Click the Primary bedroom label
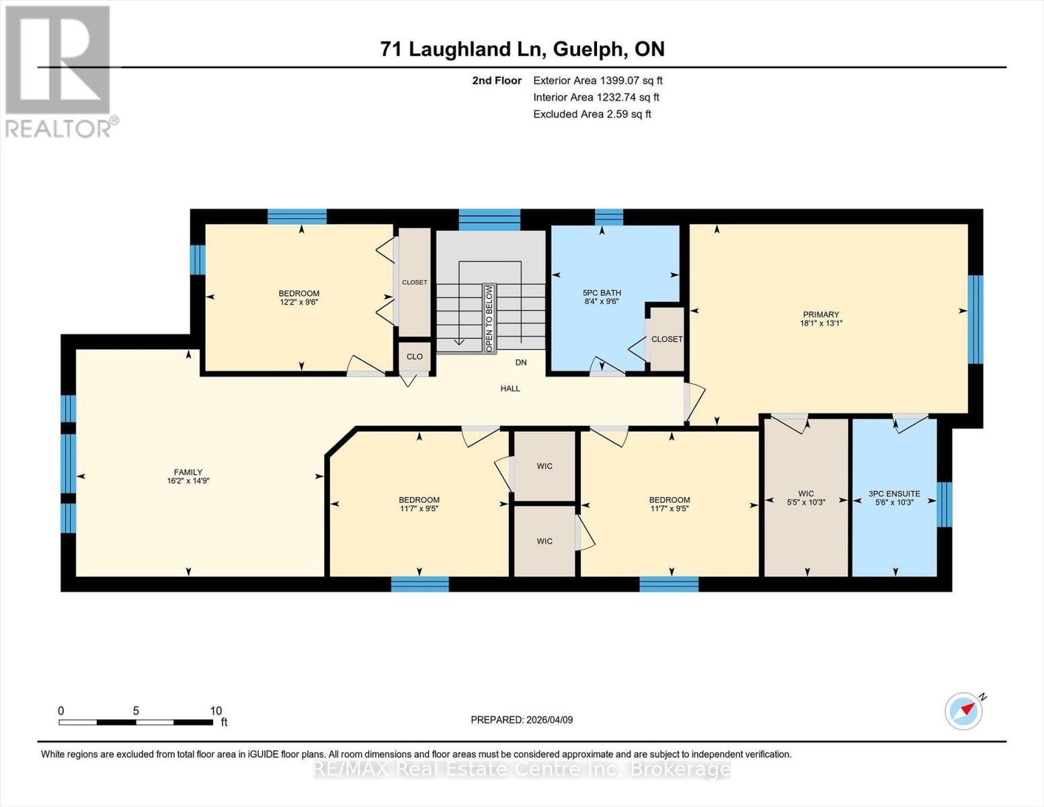click(x=821, y=315)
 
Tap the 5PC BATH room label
click(x=602, y=293)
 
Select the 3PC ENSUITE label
click(x=894, y=494)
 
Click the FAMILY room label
click(x=188, y=473)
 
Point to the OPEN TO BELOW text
click(x=489, y=318)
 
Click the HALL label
click(x=510, y=389)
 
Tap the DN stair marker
click(x=521, y=362)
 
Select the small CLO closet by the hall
click(x=415, y=356)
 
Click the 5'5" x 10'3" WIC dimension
click(x=806, y=502)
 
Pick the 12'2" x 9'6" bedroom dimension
click(x=299, y=303)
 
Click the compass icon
click(x=963, y=711)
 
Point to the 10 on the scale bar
click(x=216, y=711)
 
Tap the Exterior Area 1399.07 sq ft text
click(x=598, y=81)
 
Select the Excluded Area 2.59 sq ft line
click(x=592, y=114)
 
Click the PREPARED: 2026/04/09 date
click(x=522, y=720)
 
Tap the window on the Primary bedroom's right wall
click(x=975, y=319)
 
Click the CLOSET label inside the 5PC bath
click(x=667, y=340)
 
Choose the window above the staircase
click(x=489, y=219)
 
